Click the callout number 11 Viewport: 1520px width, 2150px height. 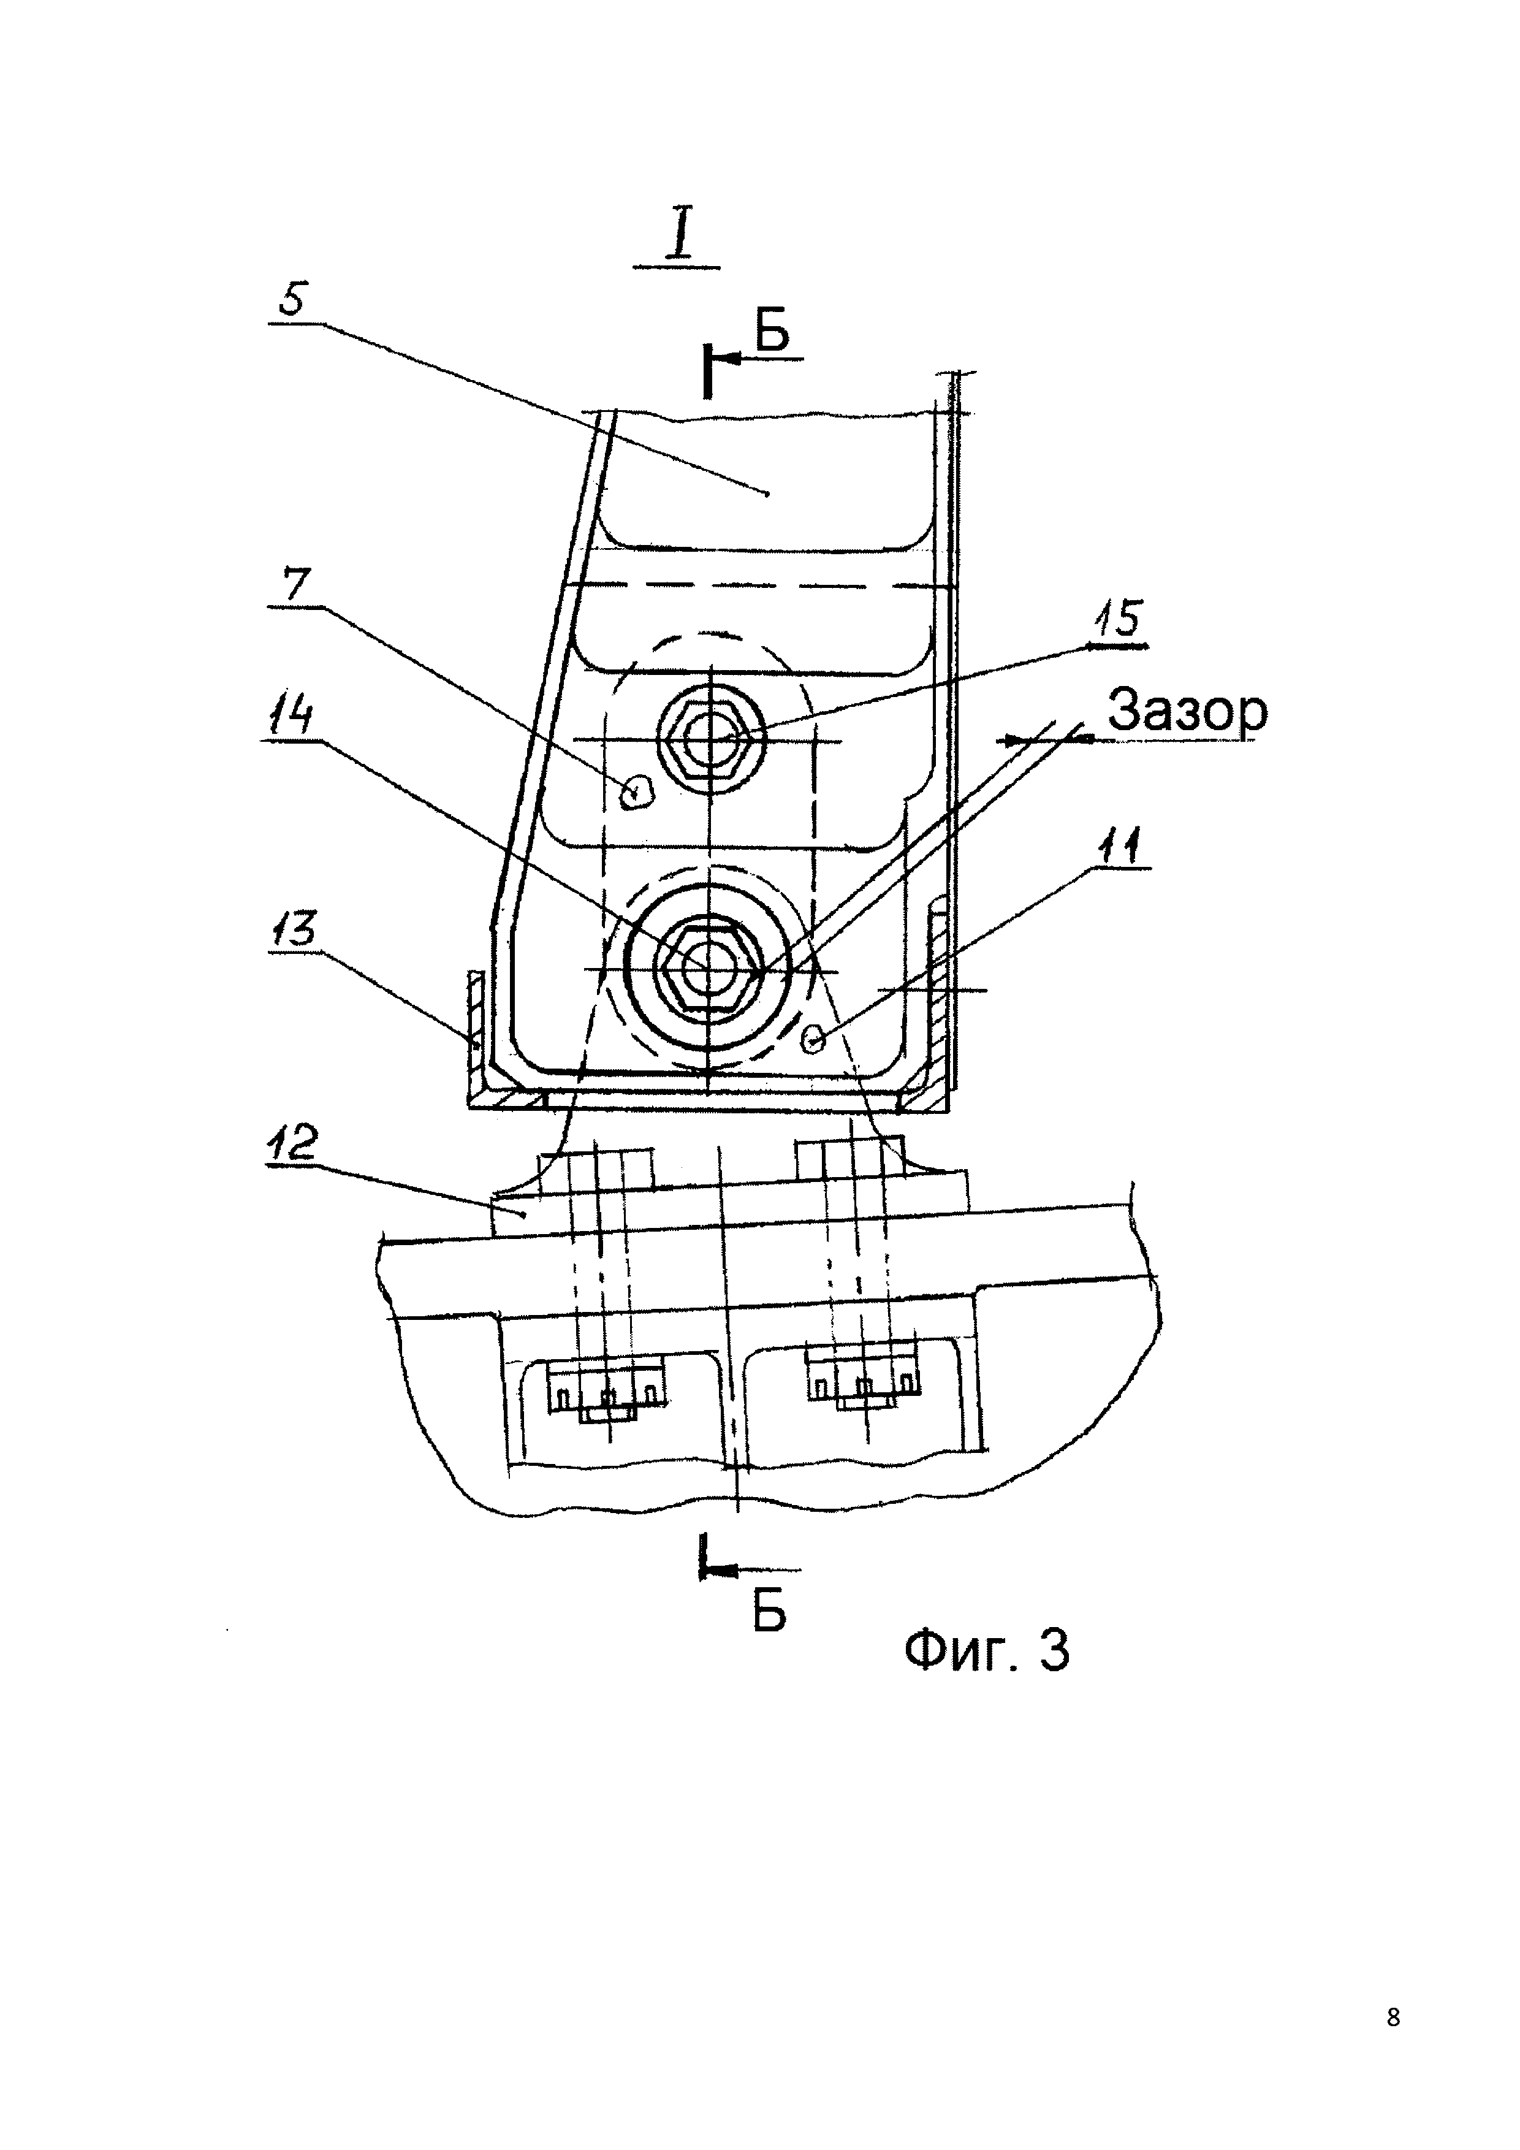1120,847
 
